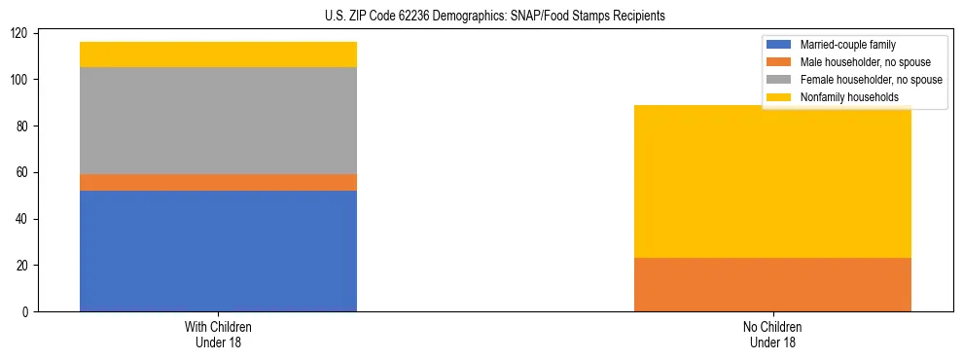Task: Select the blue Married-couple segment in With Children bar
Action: click(218, 251)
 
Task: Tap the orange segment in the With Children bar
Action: click(218, 182)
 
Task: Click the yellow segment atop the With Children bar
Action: click(218, 54)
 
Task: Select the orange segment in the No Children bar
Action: click(772, 284)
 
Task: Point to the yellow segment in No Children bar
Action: click(772, 181)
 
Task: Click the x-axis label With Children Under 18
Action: click(218, 334)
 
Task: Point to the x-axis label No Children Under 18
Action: click(772, 334)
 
